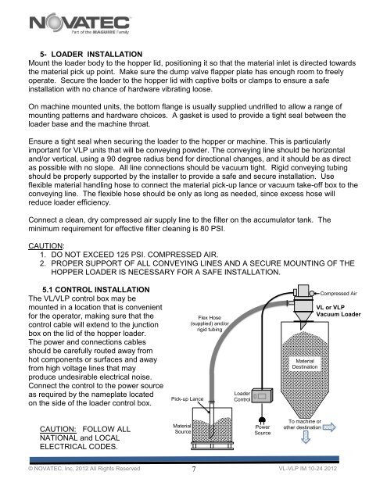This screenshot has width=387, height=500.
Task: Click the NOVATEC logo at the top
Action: pos(80,23)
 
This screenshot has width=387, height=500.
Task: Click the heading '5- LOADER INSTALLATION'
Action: pos(91,54)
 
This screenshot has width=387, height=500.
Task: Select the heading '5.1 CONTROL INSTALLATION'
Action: pos(96,290)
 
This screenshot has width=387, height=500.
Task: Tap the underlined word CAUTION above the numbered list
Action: pos(45,246)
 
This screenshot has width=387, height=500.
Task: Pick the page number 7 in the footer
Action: pos(194,469)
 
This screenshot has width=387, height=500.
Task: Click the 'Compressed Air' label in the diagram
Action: pos(339,294)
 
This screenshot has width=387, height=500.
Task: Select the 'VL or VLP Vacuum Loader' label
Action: pos(339,311)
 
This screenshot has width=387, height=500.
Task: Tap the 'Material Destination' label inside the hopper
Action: pos(305,364)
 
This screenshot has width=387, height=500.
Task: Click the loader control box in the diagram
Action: pos(262,395)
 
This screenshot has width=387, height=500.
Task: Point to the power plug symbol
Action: pos(262,420)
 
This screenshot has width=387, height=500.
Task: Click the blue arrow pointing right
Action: pos(329,427)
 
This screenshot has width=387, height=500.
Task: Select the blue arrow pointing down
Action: pos(306,437)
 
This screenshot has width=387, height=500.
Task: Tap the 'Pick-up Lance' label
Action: pos(187,399)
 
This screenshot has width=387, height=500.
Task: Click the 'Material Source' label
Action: pos(182,429)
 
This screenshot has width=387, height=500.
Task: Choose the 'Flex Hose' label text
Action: pos(210,318)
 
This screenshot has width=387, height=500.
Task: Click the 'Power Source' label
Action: pos(263,430)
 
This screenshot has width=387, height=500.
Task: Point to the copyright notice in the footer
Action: pos(84,469)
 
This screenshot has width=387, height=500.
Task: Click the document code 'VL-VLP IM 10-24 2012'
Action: pos(307,469)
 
